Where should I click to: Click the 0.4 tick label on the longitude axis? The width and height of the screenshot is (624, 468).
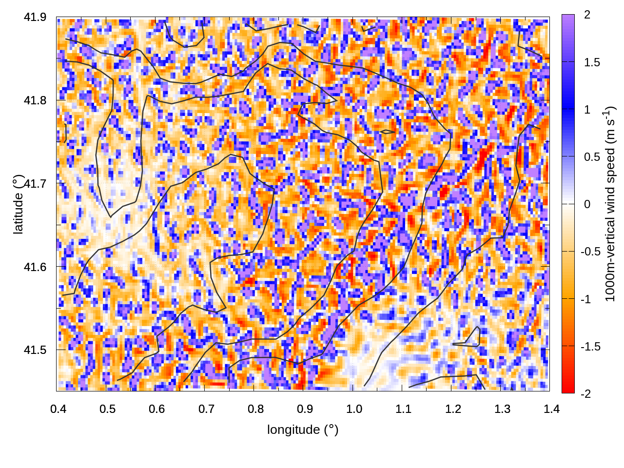(x=58, y=409)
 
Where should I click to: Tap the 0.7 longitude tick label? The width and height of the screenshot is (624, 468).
(x=206, y=409)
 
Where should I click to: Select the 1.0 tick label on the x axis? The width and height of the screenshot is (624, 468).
(x=354, y=409)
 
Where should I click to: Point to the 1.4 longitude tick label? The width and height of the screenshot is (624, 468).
(x=551, y=409)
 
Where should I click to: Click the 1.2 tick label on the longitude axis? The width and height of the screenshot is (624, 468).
(x=453, y=409)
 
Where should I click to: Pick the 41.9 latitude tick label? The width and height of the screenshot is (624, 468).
(x=35, y=18)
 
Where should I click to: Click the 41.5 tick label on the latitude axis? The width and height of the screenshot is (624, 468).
(x=35, y=350)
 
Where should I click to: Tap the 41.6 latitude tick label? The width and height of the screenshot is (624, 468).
(x=35, y=267)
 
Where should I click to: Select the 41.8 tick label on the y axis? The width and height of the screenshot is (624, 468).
(x=35, y=101)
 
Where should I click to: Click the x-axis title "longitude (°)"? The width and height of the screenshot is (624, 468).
(x=303, y=429)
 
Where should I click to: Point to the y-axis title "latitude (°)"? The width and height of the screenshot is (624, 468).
(x=19, y=205)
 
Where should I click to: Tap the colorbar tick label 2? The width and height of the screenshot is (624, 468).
(x=587, y=15)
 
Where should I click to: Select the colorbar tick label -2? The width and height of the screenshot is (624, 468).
(x=585, y=394)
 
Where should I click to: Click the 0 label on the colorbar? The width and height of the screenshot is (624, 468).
(x=587, y=204)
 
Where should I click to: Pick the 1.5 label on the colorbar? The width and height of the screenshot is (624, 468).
(x=592, y=62)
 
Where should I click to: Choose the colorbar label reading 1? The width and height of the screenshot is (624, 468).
(x=587, y=110)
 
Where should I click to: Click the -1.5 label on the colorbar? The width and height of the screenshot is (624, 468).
(x=590, y=347)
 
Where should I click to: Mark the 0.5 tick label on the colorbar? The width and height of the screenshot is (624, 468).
(x=592, y=157)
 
